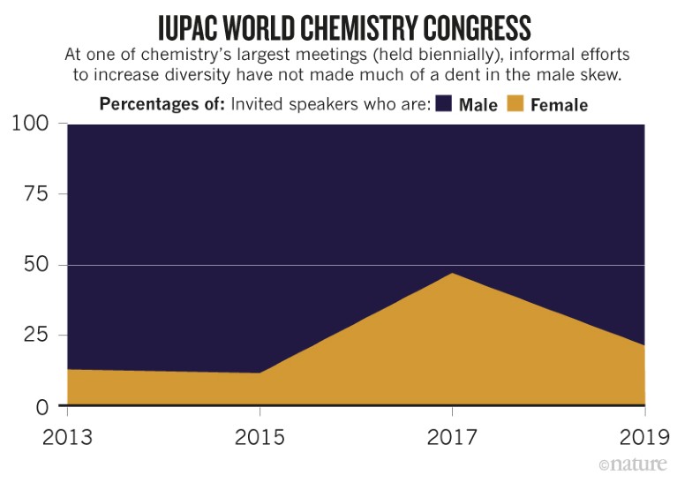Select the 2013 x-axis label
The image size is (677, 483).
point(68,437)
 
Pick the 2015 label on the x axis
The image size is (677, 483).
point(260,437)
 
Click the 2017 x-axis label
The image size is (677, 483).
point(453,437)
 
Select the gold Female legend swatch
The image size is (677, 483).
point(515,104)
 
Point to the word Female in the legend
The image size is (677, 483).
point(559,105)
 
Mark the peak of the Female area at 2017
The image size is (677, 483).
point(453,274)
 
